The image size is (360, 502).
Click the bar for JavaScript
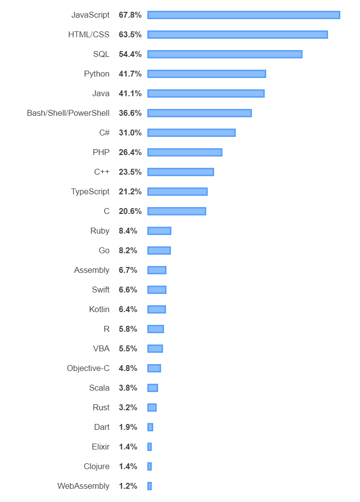pos(244,15)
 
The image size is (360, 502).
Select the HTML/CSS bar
pos(237,35)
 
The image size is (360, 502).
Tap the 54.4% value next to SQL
pos(130,54)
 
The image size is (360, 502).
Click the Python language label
pos(97,74)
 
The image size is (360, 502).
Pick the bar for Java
pos(206,94)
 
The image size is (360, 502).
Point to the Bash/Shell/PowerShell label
pos(68,113)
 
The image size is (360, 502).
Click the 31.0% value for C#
pos(130,133)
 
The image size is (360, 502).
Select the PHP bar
pos(185,153)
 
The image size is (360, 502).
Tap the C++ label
pos(102,172)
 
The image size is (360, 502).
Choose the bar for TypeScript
pos(177,192)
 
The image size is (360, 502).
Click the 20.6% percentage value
pos(130,211)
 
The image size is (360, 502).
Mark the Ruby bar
pos(159,231)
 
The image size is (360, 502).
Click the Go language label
pos(104,251)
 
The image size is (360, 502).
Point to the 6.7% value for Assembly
pos(128,270)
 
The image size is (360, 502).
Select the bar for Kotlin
pos(157,310)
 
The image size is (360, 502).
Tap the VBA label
pos(101,349)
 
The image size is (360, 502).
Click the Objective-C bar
pos(154,369)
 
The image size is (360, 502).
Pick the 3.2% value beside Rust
pos(128,408)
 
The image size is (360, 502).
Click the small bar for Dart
pos(150,427)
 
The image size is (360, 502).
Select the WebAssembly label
pos(83,486)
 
